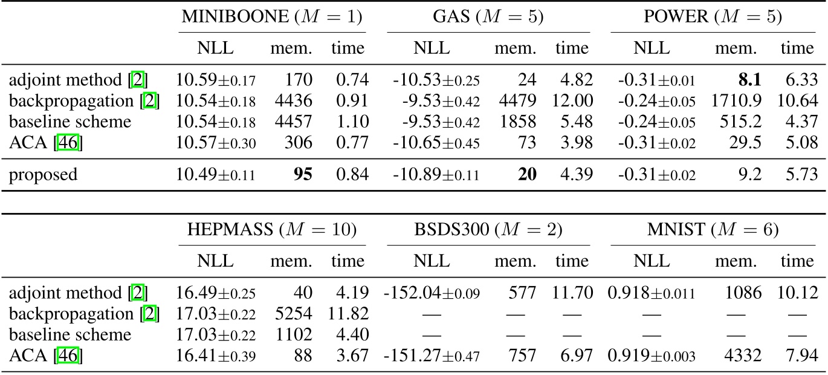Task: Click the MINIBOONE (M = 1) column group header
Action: pos(272,18)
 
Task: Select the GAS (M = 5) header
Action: pos(488,18)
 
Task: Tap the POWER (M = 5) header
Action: pos(713,18)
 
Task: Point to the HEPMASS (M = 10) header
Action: pos(272,230)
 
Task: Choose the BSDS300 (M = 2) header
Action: pos(488,230)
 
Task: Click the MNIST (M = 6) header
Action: pos(713,230)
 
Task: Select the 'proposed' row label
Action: pos(44,174)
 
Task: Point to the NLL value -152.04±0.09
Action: pos(432,293)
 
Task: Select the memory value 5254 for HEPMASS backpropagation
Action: pos(296,314)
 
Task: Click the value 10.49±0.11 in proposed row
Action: pos(216,174)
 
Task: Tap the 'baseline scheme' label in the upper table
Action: pos(70,121)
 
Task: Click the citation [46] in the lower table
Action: pos(68,355)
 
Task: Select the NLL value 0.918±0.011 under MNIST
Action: pos(653,293)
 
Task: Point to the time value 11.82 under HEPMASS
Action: pos(348,314)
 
